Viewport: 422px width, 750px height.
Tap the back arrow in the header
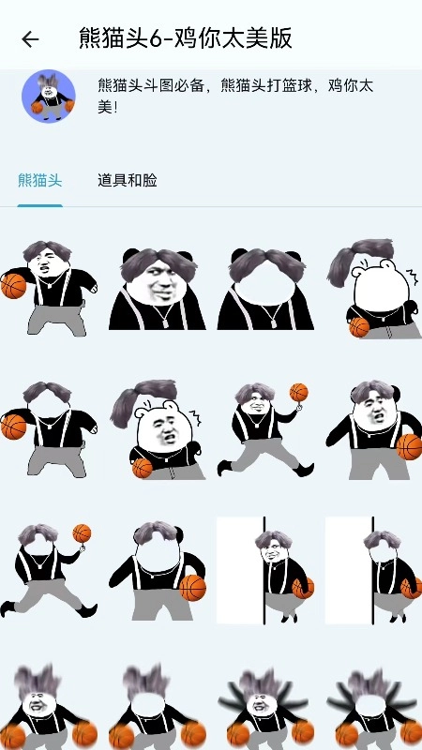coord(30,39)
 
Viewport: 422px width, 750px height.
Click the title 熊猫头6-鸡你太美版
coord(186,38)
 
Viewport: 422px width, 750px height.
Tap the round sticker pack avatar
coord(49,96)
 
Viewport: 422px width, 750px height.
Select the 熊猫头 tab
coord(40,180)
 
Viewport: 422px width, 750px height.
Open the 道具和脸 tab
coord(128,180)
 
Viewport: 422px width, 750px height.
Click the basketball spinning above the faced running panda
coord(298,392)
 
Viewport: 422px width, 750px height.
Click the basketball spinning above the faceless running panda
coord(82,533)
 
